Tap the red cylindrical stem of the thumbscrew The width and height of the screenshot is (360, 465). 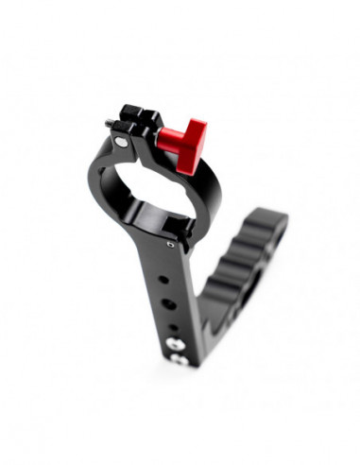pos(172,140)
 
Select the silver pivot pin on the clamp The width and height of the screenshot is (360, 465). pos(121,142)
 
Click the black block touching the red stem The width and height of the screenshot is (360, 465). pos(153,133)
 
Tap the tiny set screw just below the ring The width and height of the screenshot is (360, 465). pos(170,244)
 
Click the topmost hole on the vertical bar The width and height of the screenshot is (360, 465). pos(167,280)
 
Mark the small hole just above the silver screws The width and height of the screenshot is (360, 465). pos(172,328)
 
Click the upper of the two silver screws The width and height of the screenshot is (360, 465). pos(173,344)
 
